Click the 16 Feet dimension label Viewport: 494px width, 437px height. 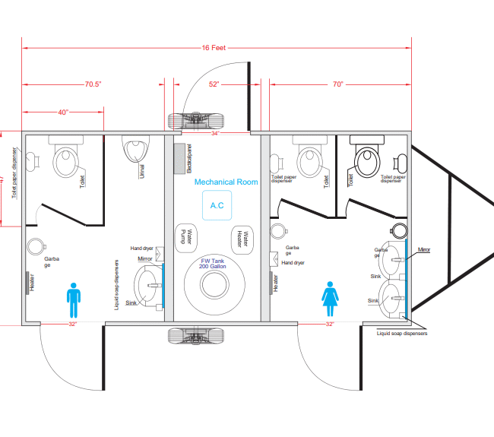214,47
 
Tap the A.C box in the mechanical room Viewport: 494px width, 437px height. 217,205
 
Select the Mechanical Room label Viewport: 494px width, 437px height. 226,182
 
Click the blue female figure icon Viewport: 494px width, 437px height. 331,299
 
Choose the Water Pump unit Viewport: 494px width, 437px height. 188,236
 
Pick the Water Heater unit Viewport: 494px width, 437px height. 242,238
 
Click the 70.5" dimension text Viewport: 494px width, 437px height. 93,84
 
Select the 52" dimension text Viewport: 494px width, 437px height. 214,84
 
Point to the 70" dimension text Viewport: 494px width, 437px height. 337,84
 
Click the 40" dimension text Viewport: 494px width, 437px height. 63,112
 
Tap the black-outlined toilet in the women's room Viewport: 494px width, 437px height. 366,159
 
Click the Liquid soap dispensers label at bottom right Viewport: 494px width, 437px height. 402,333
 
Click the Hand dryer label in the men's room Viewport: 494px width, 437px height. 142,249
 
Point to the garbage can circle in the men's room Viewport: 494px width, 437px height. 34,246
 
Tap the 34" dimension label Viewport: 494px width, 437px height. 215,134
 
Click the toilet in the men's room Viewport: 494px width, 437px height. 65,159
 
